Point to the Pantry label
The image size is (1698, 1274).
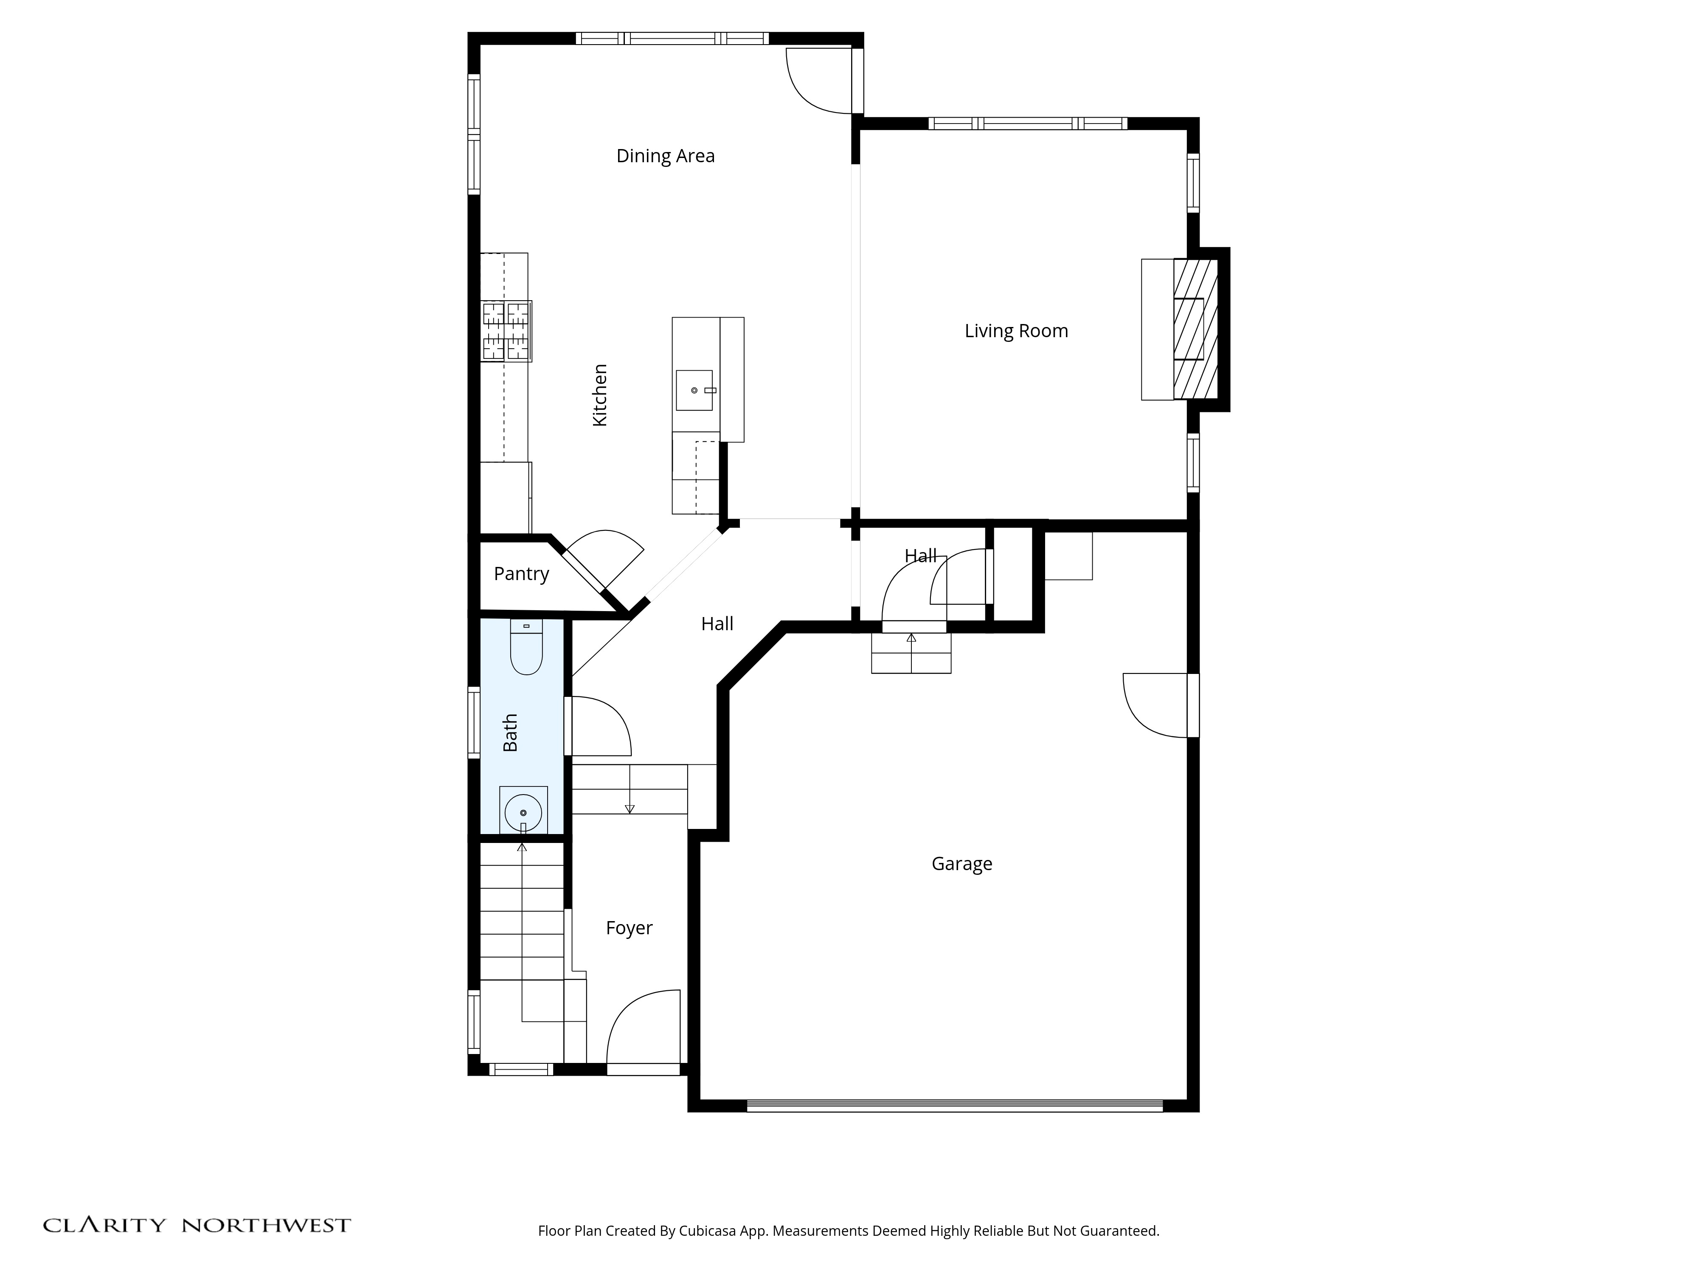(521, 574)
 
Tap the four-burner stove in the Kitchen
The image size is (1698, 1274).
(506, 331)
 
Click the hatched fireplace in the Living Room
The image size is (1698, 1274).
(1195, 329)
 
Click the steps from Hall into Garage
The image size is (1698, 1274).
(911, 653)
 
